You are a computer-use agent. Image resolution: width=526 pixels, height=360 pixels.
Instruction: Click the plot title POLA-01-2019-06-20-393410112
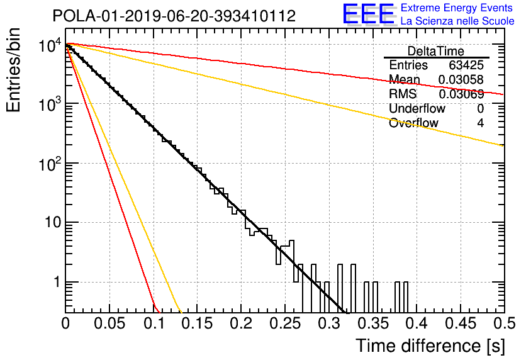(174, 16)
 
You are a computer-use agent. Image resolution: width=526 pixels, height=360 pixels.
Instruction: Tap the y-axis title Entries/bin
(13, 70)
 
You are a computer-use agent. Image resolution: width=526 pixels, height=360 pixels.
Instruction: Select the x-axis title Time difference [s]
(430, 346)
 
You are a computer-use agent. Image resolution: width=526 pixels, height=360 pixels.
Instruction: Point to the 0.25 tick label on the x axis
(285, 323)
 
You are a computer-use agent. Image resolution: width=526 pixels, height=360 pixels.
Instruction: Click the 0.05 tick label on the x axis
(109, 323)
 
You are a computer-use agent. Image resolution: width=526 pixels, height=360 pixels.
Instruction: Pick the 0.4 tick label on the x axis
(417, 323)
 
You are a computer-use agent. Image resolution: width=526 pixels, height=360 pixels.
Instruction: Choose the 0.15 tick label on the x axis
(198, 323)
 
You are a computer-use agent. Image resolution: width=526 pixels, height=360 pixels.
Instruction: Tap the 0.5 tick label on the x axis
(504, 323)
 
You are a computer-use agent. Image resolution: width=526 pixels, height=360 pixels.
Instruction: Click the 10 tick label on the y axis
(53, 222)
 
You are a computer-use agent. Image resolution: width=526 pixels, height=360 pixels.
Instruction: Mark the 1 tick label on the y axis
(57, 282)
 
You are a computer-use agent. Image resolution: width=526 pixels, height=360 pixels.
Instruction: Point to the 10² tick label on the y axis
(50, 164)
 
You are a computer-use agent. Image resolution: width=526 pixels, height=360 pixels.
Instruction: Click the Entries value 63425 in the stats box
(466, 65)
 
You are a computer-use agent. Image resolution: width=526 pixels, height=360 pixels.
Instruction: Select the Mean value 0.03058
(461, 79)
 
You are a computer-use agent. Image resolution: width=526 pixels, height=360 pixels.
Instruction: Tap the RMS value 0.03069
(461, 94)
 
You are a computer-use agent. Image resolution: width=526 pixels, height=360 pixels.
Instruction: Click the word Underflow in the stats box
(417, 108)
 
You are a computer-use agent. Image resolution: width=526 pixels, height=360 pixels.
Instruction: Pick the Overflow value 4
(480, 123)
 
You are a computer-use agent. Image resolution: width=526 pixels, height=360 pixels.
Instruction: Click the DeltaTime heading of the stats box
(436, 51)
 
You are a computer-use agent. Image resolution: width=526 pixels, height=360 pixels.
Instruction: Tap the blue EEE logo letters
(369, 13)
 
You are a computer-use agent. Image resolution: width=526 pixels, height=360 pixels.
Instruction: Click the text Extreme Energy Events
(457, 8)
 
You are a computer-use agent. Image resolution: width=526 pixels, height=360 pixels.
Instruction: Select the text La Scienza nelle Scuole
(457, 21)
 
